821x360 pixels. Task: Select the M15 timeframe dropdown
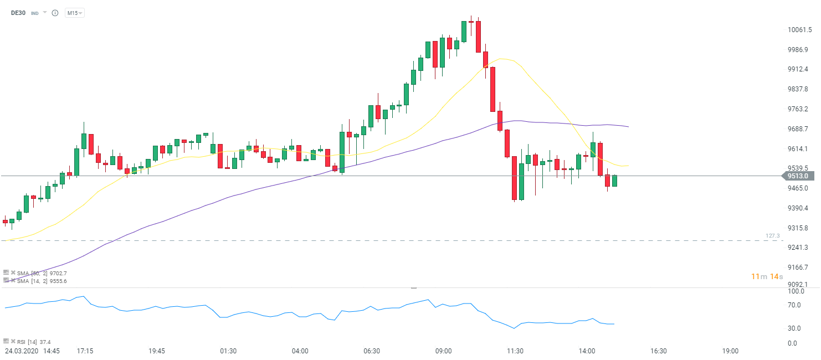pos(74,13)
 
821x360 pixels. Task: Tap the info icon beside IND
pos(55,13)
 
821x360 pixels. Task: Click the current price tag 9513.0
pos(798,176)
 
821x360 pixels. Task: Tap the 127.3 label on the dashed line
pos(772,236)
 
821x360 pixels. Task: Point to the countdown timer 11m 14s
pos(767,276)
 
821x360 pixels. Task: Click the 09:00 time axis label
pos(443,351)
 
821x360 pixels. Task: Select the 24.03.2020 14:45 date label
pos(32,351)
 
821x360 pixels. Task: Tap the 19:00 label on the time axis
pos(730,351)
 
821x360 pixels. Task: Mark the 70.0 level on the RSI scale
pos(794,305)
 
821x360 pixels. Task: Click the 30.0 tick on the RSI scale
pos(794,328)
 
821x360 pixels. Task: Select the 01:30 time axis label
pos(228,351)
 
